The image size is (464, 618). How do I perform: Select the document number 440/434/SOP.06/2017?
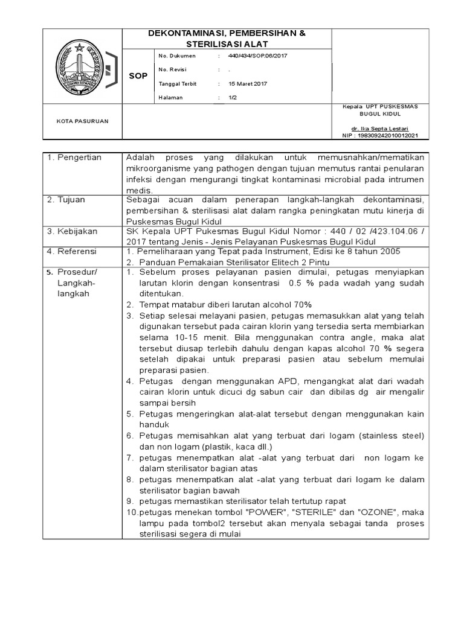(x=258, y=56)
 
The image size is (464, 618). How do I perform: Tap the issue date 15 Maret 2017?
(x=248, y=83)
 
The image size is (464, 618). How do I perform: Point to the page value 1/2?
(x=233, y=97)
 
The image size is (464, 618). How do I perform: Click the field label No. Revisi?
(x=173, y=69)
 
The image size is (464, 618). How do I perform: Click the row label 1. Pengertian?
(x=76, y=158)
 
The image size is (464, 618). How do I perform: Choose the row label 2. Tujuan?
(x=67, y=199)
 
